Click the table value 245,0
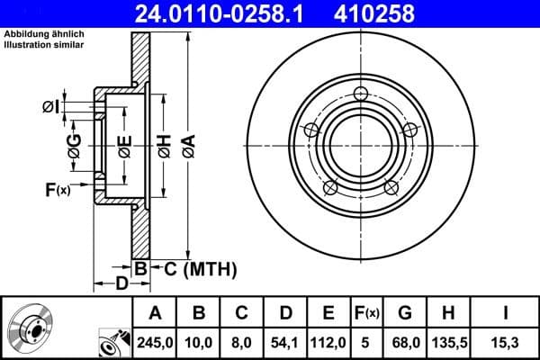[x=155, y=341]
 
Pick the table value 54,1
[x=285, y=341]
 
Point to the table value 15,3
[x=507, y=341]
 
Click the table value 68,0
[x=406, y=341]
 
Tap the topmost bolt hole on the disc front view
[x=361, y=94]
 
